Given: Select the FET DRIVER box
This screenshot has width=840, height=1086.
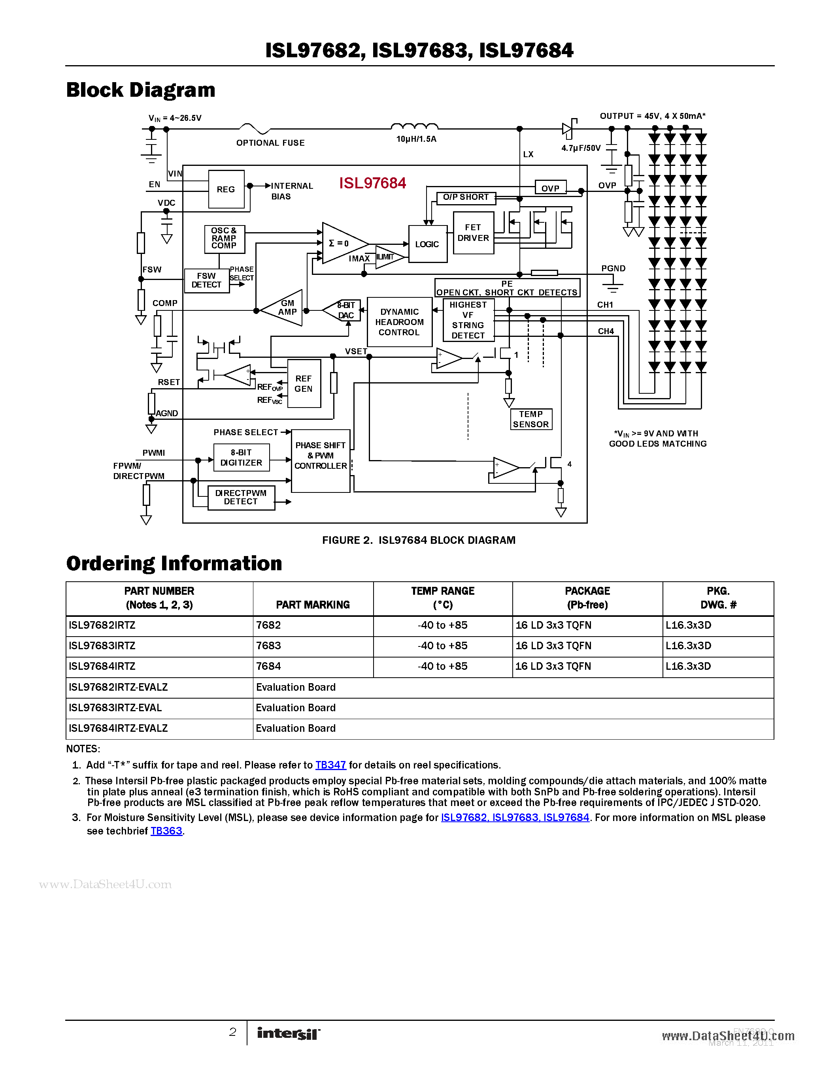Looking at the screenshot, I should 473,233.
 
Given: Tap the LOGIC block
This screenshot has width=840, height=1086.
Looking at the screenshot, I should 427,244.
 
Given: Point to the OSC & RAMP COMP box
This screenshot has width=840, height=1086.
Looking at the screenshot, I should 224,239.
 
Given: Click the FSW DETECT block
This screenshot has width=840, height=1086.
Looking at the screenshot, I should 206,280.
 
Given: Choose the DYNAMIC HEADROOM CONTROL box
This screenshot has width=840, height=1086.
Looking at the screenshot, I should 399,322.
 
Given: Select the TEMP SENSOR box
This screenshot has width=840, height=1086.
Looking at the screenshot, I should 531,419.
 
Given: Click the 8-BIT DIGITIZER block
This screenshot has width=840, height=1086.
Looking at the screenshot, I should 242,457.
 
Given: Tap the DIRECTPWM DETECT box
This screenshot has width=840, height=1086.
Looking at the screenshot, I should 241,497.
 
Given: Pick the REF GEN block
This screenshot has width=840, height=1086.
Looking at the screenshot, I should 304,383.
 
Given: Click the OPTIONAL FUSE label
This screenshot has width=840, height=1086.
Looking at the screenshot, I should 270,143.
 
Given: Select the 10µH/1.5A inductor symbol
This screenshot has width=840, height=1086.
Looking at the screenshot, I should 415,127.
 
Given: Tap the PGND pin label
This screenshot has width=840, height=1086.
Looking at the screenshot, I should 613,269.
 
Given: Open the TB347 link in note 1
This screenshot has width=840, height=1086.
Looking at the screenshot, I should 330,765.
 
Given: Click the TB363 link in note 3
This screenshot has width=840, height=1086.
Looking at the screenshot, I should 166,831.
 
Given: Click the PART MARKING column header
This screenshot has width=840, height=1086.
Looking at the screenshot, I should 313,605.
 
